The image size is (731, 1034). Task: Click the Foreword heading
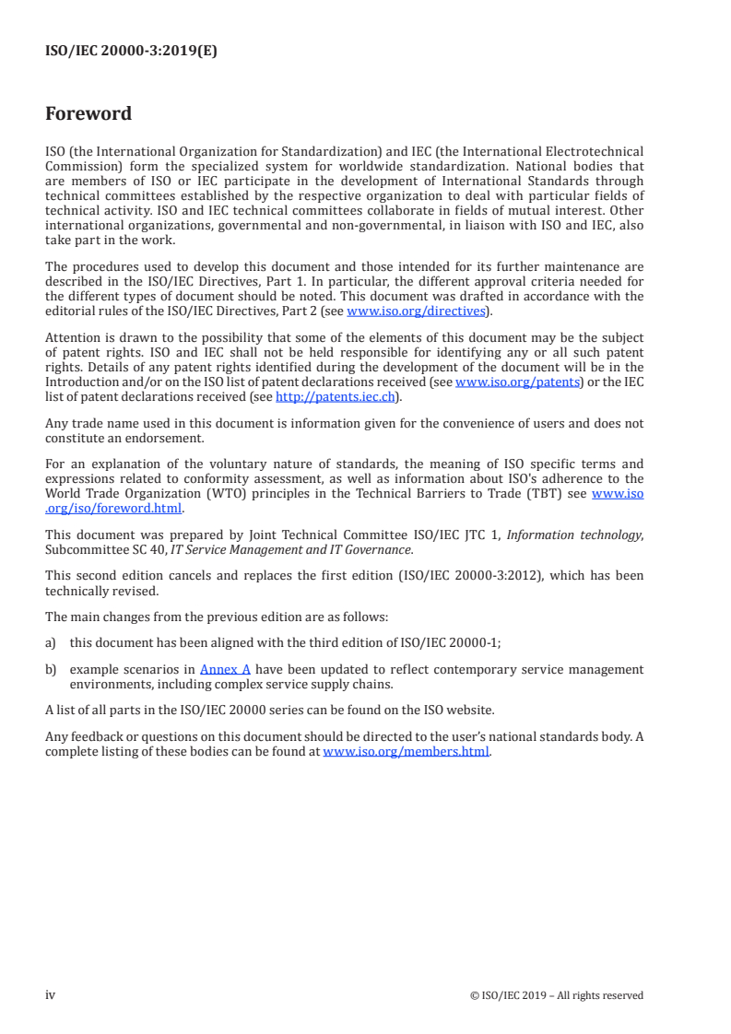pos(88,114)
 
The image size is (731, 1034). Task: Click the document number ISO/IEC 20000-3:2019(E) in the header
pos(131,52)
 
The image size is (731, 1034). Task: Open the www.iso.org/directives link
pos(415,311)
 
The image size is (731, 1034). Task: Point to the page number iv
pos(51,995)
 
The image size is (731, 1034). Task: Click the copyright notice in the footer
pos(557,995)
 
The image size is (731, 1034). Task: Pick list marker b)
pos(52,669)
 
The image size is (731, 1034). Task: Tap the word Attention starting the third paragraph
pos(73,338)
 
